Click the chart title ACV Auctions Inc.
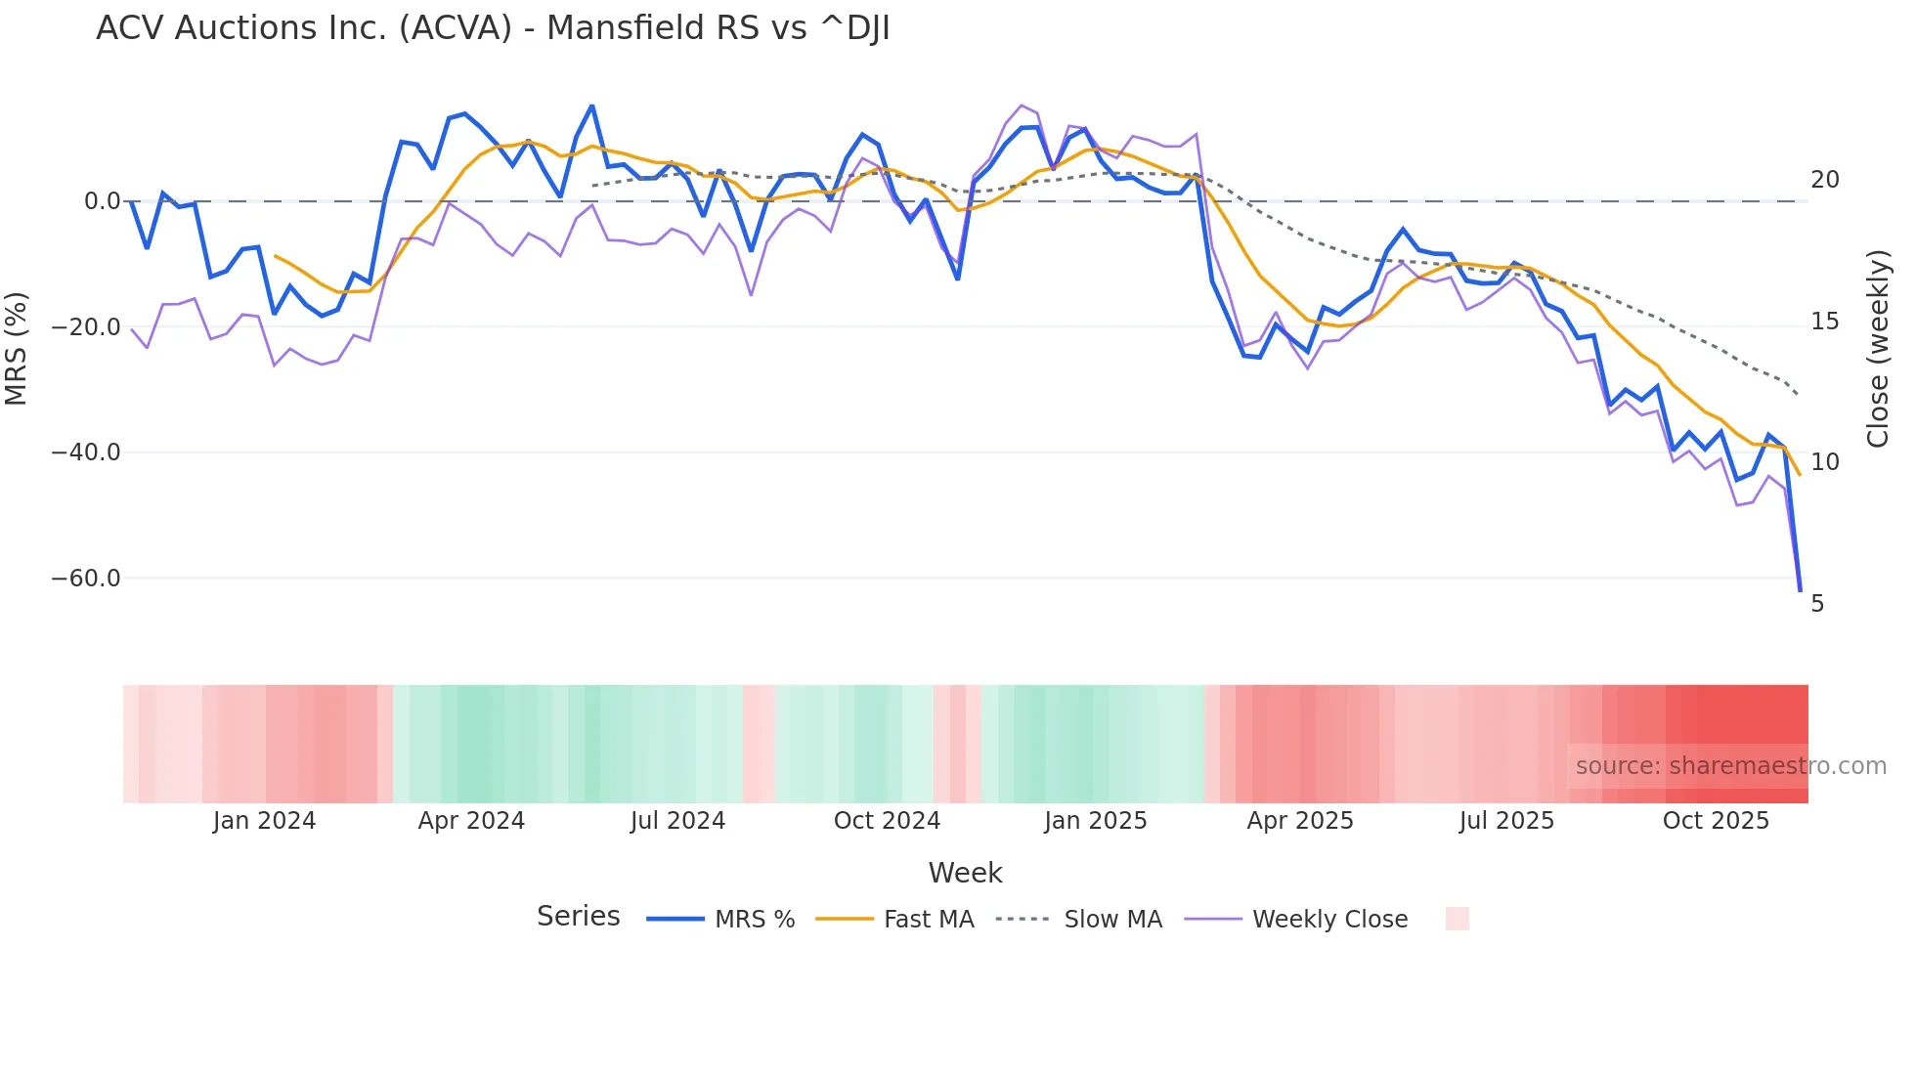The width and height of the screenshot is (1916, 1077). pyautogui.click(x=493, y=28)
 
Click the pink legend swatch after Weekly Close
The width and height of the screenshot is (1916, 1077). pyautogui.click(x=1457, y=919)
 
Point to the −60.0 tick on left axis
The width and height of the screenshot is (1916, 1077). pyautogui.click(x=86, y=579)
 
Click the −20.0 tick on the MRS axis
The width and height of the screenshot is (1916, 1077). pyautogui.click(x=86, y=327)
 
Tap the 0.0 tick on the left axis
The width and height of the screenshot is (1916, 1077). pyautogui.click(x=102, y=201)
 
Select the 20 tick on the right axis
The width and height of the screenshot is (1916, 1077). pyautogui.click(x=1824, y=180)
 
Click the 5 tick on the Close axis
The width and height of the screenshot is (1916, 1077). pyautogui.click(x=1817, y=604)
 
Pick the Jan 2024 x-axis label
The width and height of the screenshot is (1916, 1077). pyautogui.click(x=264, y=821)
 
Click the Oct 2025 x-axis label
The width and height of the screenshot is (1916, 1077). pyautogui.click(x=1716, y=821)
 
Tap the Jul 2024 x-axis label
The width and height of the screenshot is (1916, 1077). pyautogui.click(x=677, y=821)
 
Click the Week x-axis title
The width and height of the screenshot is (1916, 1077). pyautogui.click(x=965, y=873)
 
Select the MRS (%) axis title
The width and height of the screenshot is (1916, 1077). pyautogui.click(x=17, y=348)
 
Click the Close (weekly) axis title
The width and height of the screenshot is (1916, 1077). pyautogui.click(x=1878, y=348)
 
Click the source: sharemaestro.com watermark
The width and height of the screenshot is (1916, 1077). pyautogui.click(x=1730, y=766)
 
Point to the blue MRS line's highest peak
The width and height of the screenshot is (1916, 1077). pyautogui.click(x=591, y=107)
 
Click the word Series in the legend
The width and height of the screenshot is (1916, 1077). pyautogui.click(x=578, y=917)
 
